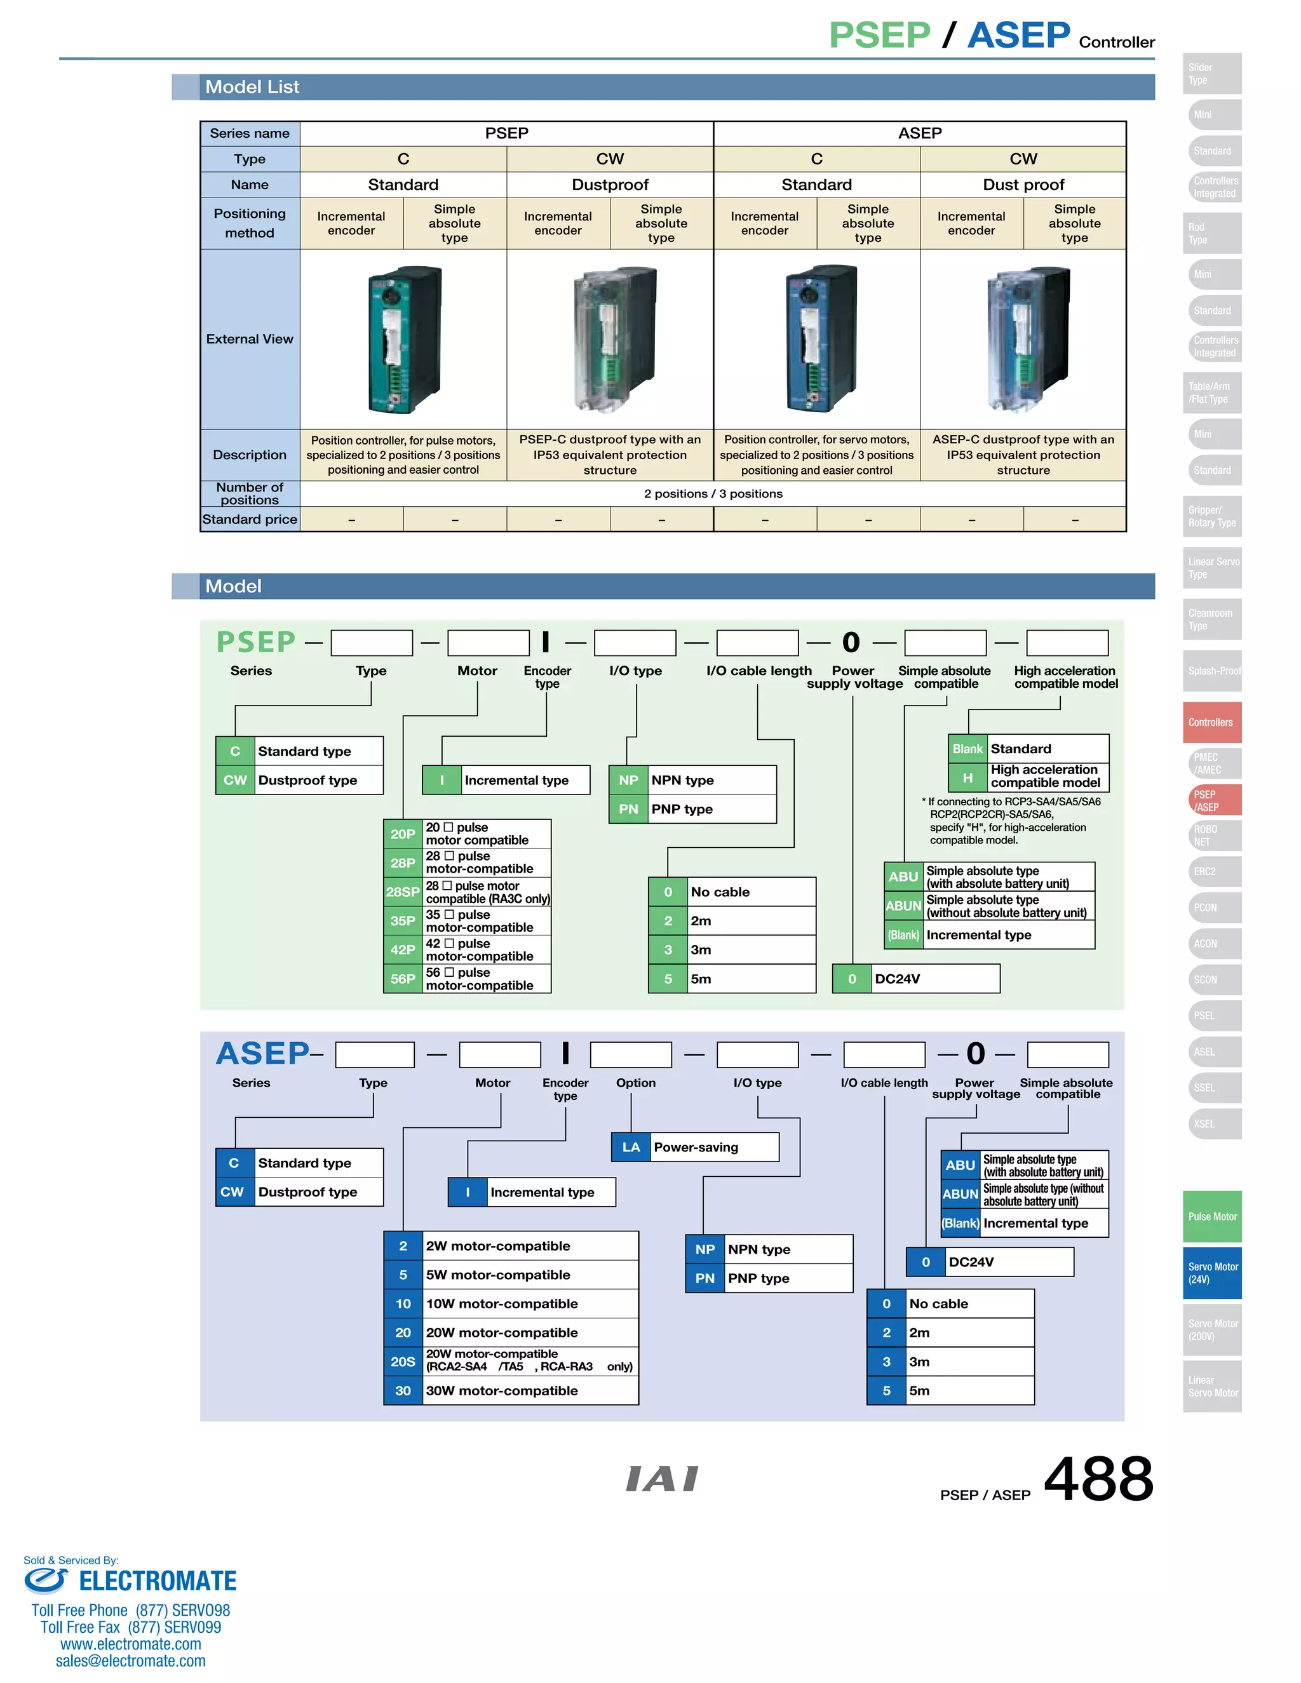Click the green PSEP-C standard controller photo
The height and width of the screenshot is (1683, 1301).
pos(404,339)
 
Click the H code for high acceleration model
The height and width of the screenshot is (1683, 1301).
pos(968,777)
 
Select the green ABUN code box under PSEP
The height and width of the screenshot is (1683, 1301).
pos(903,906)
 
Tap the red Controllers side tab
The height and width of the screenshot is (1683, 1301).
pos(1211,722)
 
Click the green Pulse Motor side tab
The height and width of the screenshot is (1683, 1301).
pos(1211,1217)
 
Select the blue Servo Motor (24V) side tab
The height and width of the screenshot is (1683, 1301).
pos(1211,1273)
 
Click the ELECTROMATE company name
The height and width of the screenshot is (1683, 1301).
pos(158,1581)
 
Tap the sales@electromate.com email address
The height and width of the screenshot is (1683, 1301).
pos(131,1661)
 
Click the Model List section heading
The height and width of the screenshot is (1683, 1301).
pos(252,87)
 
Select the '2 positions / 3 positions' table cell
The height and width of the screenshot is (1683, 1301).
pos(713,494)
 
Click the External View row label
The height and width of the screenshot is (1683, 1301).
pos(250,339)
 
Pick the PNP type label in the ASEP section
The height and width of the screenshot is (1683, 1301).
pos(758,1278)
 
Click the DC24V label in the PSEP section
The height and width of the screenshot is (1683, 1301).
pos(897,979)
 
